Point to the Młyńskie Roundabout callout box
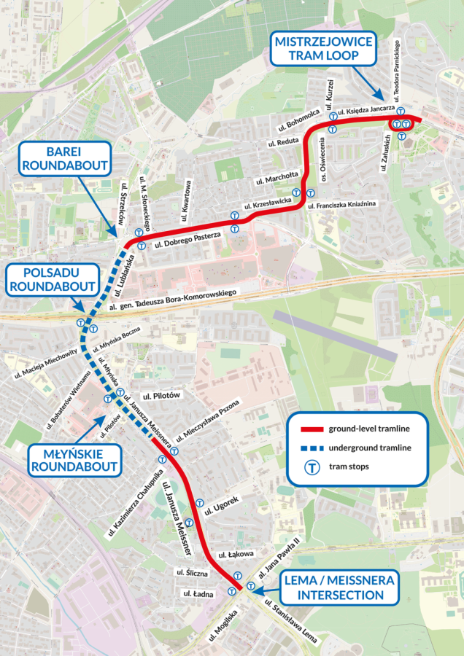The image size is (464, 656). point(74,459)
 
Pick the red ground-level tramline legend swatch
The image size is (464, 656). point(307,428)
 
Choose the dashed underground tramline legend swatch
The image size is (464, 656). point(307,447)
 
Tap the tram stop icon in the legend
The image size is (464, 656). point(311,466)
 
